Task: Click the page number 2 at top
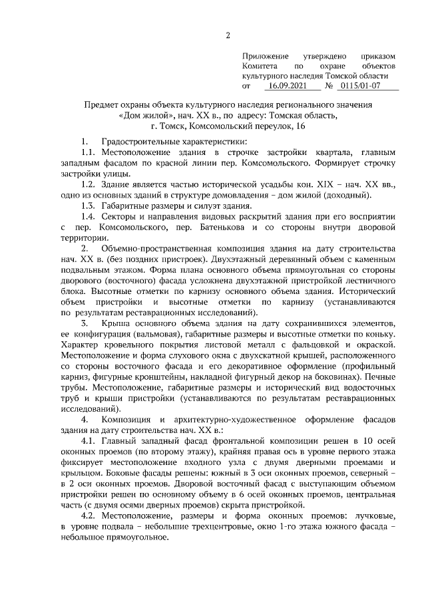[x=228, y=35]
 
